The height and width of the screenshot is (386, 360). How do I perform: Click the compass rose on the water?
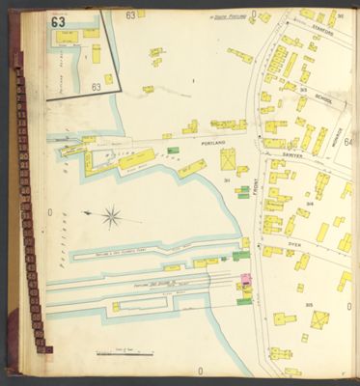coord(111,216)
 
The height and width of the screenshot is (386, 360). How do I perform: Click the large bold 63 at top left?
coord(59,21)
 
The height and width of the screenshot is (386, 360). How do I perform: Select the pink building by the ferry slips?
coord(245,279)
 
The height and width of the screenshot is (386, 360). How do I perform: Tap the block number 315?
coord(310,306)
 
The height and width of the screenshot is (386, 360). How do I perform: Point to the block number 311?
coord(226,180)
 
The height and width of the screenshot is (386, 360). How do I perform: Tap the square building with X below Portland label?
coord(229,159)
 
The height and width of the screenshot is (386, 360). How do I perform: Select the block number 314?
coord(309,204)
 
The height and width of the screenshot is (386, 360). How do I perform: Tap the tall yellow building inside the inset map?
coord(96,53)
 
